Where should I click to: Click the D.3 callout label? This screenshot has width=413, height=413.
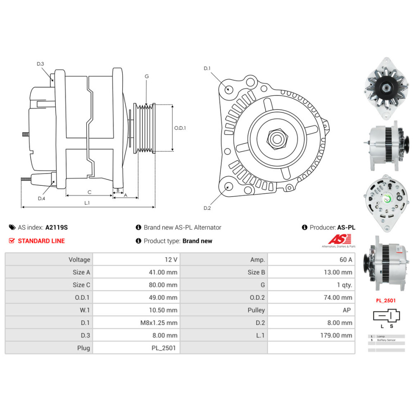point(40,64)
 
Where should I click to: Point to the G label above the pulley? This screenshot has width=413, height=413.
point(147,76)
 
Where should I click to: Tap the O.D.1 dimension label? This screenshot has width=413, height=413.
point(180,128)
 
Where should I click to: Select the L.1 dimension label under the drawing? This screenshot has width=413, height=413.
point(87,203)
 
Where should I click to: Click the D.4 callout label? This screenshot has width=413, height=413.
point(41,198)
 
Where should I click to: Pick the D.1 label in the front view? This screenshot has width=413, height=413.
point(207,68)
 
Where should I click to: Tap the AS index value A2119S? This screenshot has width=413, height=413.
point(57,227)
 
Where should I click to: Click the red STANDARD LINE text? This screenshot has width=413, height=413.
point(41,241)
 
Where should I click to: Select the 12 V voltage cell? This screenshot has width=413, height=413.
point(171,259)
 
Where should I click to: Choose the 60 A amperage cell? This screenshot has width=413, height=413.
point(345,259)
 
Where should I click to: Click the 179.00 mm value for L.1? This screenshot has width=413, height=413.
point(337,335)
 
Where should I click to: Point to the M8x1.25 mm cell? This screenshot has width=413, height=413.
point(159,323)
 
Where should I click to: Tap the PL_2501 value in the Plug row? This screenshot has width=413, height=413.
point(164,348)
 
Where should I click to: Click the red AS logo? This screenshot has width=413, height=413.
point(339,239)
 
